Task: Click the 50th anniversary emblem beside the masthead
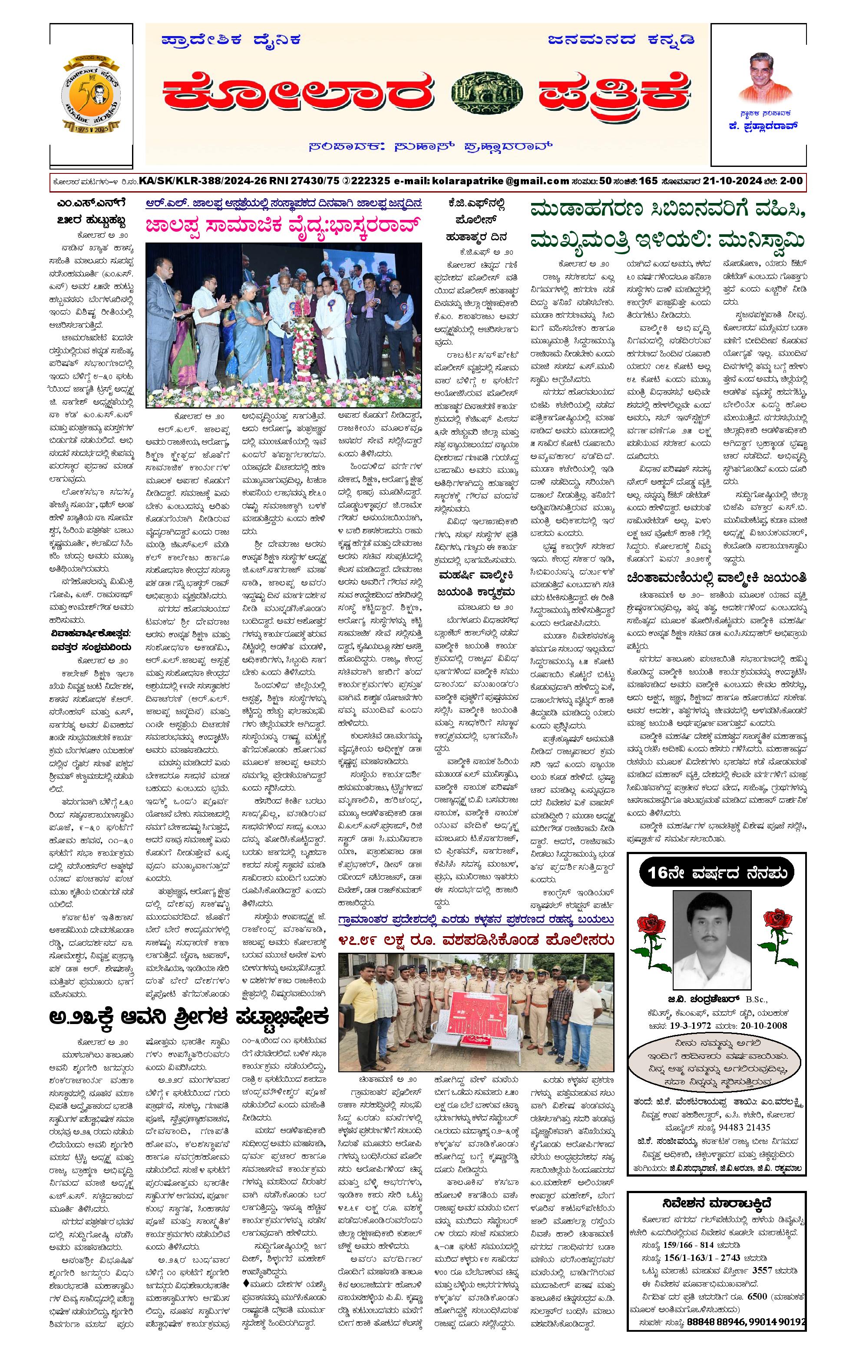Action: (x=91, y=94)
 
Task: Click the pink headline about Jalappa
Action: (x=283, y=226)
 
